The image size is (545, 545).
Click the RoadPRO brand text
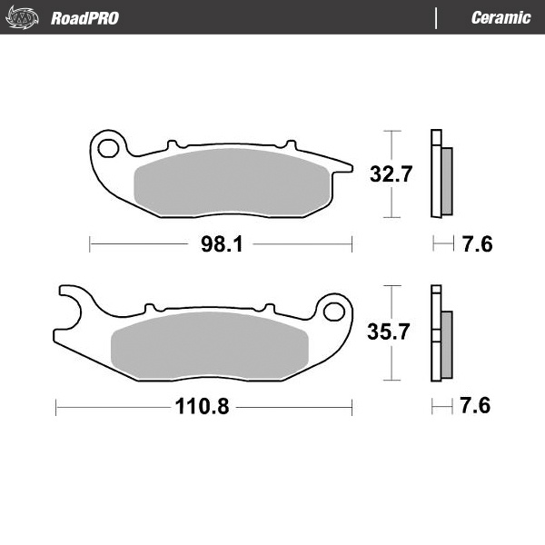pyautogui.click(x=84, y=18)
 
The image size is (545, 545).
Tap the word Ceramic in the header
pyautogui.click(x=500, y=18)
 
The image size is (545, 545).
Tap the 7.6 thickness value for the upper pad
pyautogui.click(x=477, y=244)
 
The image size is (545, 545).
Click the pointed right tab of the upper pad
pyautogui.click(x=342, y=164)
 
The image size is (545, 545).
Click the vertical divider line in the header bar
pyautogui.click(x=436, y=17)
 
